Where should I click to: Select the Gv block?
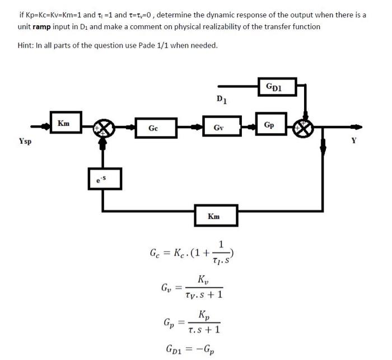[x=219, y=128]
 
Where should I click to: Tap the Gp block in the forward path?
[x=269, y=125]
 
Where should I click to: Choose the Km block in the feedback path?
[x=214, y=216]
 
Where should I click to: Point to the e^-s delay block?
[x=102, y=179]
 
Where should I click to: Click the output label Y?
[x=353, y=141]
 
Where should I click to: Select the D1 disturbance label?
[x=221, y=100]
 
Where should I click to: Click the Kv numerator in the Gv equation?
[x=203, y=279]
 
